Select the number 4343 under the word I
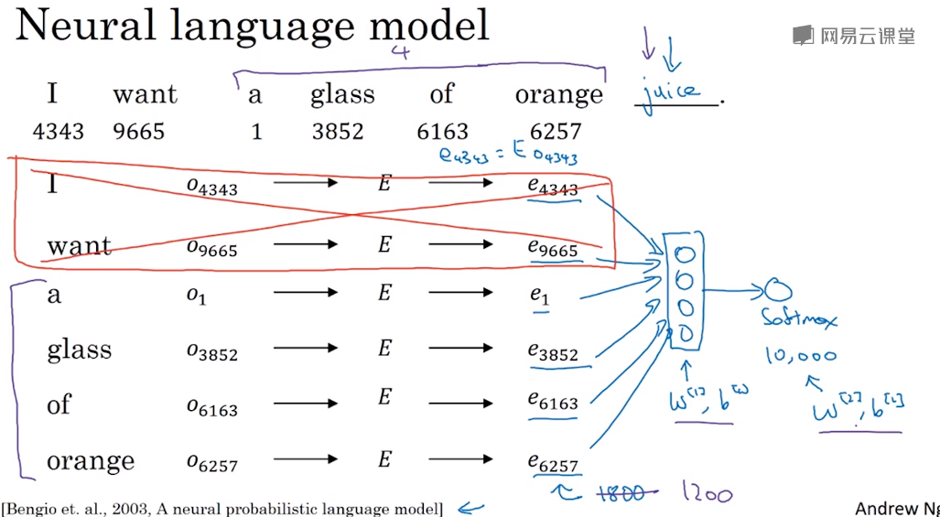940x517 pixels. [x=58, y=131]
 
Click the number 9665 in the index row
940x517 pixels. [x=139, y=131]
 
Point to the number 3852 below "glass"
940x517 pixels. [x=338, y=131]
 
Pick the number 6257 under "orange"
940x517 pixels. [x=556, y=131]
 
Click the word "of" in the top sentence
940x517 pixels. [x=442, y=94]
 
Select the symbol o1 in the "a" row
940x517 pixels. [x=196, y=295]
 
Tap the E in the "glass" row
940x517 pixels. [x=384, y=349]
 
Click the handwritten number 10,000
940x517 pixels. [x=801, y=356]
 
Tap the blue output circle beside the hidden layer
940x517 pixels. [x=779, y=290]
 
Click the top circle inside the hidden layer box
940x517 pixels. [x=686, y=254]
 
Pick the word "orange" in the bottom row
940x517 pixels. [x=91, y=460]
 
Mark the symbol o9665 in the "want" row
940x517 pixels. [x=211, y=246]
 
